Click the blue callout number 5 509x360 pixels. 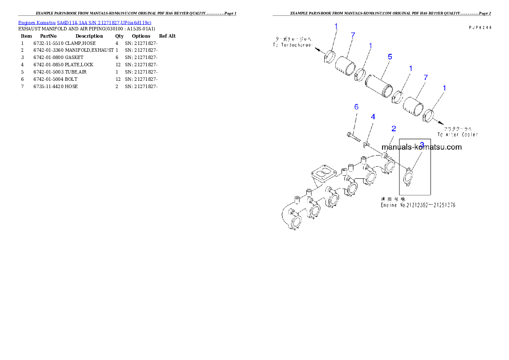[x=390, y=56]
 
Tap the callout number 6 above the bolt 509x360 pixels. [x=356, y=107]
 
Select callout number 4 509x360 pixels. [x=373, y=116]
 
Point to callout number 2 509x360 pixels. [x=394, y=128]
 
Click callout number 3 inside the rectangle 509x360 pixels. [x=422, y=145]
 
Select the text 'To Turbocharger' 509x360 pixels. [x=293, y=45]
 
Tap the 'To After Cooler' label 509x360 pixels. [x=458, y=134]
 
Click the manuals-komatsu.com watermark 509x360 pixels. [x=422, y=148]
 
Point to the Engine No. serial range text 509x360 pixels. [x=418, y=205]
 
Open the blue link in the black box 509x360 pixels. [x=85, y=22]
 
